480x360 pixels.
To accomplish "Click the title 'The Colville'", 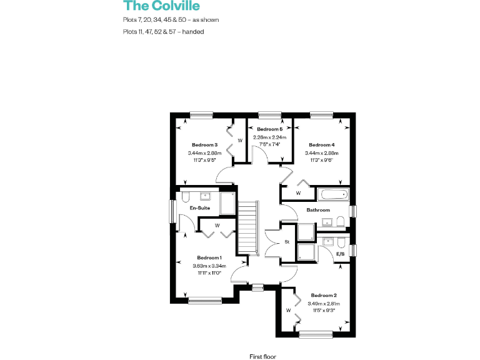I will (161, 6).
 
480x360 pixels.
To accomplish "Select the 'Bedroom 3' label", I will (204, 144).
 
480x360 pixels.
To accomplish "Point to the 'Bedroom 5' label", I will (269, 129).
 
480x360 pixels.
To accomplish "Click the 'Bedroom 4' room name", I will (321, 144).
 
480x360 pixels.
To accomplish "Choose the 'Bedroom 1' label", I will (209, 257).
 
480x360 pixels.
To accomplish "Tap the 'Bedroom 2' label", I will (324, 295).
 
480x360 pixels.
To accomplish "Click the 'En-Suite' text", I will (200, 208).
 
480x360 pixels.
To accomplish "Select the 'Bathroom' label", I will (318, 210).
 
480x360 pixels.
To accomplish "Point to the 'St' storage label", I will (287, 241).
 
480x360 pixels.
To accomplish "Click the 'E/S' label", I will (341, 254).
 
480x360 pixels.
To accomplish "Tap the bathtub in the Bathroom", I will (331, 194).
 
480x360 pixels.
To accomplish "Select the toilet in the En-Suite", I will (186, 196).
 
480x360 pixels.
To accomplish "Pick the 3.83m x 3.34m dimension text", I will (209, 266).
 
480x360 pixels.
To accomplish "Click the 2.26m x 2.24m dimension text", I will (269, 137).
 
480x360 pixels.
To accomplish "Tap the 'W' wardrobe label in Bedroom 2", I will (288, 310).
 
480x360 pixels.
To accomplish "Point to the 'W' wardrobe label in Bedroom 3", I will (239, 141).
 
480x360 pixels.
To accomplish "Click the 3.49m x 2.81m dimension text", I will (324, 303).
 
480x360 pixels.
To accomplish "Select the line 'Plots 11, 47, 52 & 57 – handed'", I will (164, 31).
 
